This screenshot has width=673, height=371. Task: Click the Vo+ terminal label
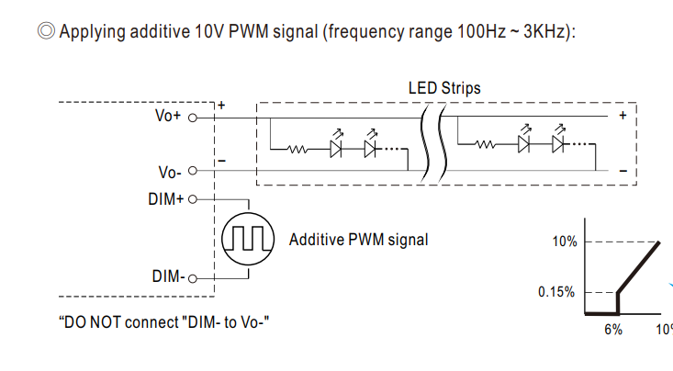(169, 117)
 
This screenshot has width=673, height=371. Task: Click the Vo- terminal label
(169, 171)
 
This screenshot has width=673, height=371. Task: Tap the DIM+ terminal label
(165, 197)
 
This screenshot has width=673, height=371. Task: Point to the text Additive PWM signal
(358, 240)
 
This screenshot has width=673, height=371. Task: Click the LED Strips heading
(444, 88)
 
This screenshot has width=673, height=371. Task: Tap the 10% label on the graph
(565, 242)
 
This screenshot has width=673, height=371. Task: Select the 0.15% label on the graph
(557, 293)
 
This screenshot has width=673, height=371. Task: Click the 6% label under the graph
(612, 330)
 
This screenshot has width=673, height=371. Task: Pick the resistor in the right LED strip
(485, 144)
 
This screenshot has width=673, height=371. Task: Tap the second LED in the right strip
(558, 143)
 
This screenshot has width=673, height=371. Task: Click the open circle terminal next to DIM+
(193, 197)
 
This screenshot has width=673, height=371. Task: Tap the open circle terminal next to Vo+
(193, 117)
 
